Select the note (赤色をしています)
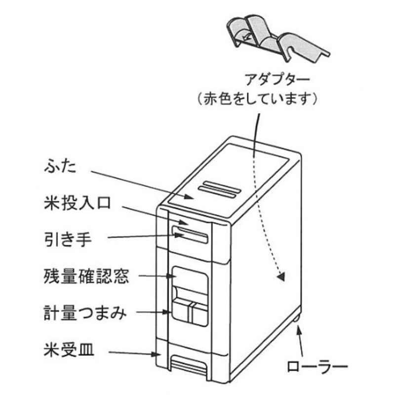256,98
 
